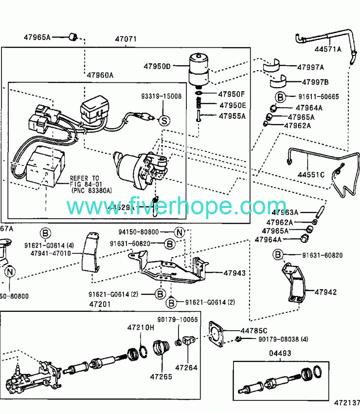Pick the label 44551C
(311, 174)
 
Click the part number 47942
(325, 292)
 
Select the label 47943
(234, 273)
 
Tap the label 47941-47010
(51, 253)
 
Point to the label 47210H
(141, 327)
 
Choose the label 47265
(161, 376)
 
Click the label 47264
(186, 367)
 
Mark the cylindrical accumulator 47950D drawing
(198, 68)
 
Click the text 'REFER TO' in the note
(84, 178)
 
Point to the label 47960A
(100, 75)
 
